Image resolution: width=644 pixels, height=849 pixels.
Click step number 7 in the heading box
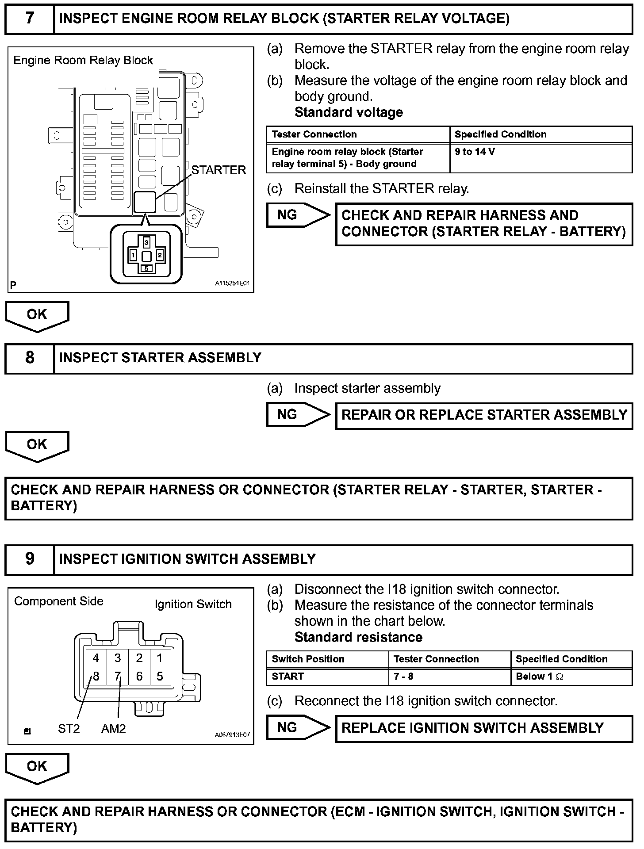tap(29, 19)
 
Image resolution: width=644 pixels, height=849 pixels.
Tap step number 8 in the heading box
tap(29, 358)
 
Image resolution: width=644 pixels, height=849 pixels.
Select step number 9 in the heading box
tap(29, 558)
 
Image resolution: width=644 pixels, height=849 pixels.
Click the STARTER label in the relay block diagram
tap(218, 170)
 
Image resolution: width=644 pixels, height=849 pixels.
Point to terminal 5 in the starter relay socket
tap(147, 268)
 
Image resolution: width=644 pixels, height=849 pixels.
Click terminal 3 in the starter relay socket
tap(147, 242)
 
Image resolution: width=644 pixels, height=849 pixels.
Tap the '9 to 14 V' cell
tap(475, 152)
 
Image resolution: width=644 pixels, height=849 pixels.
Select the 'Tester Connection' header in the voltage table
tap(314, 134)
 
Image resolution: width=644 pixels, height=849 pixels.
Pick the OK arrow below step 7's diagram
tap(37, 315)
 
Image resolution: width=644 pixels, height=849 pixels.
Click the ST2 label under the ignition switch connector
tap(69, 728)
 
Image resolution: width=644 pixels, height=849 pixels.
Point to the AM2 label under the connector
tap(114, 728)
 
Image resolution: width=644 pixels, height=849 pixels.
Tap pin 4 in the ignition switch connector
tap(96, 658)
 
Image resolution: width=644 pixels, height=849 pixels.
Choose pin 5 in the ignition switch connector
tap(160, 676)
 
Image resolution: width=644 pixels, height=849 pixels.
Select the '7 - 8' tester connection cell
tap(403, 677)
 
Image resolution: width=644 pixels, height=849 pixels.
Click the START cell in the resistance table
tap(288, 677)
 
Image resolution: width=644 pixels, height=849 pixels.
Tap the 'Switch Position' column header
tap(308, 659)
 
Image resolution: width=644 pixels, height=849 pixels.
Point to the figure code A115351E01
tap(233, 283)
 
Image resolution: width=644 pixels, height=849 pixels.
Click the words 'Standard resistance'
tap(358, 637)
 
